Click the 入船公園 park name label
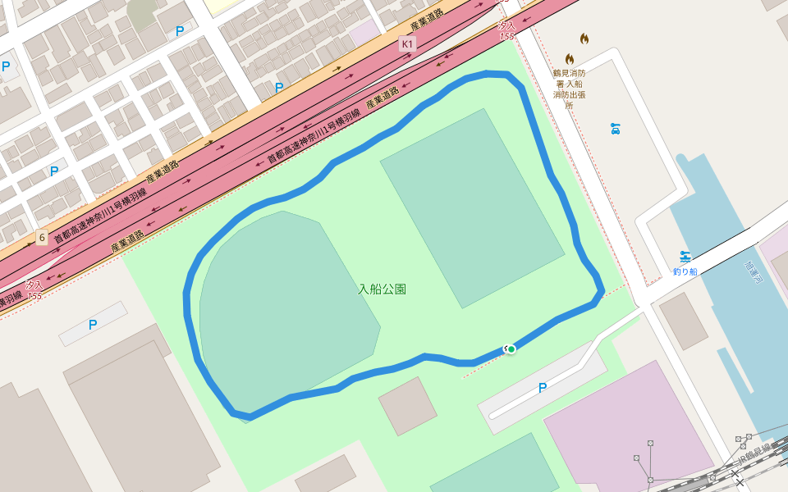383,289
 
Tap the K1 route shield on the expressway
408,43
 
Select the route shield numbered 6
42,238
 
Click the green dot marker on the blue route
511,349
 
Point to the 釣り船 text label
685,271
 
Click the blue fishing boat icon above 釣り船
685,257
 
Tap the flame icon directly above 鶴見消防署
570,59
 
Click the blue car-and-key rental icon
615,129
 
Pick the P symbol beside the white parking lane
543,388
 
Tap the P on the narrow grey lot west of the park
93,325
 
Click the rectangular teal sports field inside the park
472,208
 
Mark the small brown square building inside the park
408,406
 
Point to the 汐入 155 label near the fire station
506,31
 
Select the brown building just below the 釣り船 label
683,321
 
